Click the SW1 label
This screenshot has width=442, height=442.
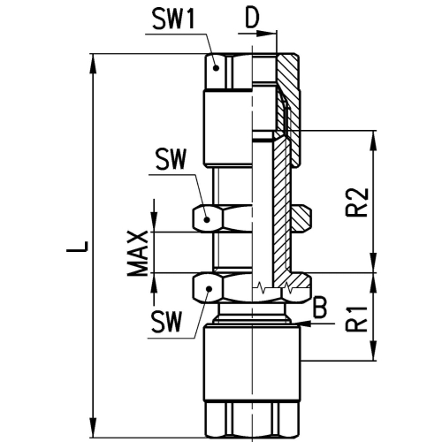coord(174,18)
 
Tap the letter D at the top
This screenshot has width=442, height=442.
coord(253,19)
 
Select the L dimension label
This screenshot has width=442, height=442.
coord(77,247)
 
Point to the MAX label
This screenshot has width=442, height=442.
coord(137,254)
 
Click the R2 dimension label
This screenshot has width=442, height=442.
coord(357,202)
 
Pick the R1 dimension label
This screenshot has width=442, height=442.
coord(357,319)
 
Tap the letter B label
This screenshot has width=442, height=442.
coord(320,309)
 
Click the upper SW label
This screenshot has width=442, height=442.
coord(171,159)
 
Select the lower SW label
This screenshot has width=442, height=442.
coord(165,322)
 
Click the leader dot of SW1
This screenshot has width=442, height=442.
coord(216,67)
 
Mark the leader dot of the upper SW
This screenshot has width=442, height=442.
coord(207,219)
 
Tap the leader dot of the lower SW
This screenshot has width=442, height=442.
coord(210,289)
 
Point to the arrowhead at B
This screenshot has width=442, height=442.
coord(307,324)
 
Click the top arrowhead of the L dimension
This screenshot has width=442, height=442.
coord(93,64)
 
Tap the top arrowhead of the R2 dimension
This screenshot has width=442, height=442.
coord(374,140)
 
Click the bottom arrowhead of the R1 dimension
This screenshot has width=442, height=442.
coord(374,350)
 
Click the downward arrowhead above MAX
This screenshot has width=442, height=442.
coord(154,222)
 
